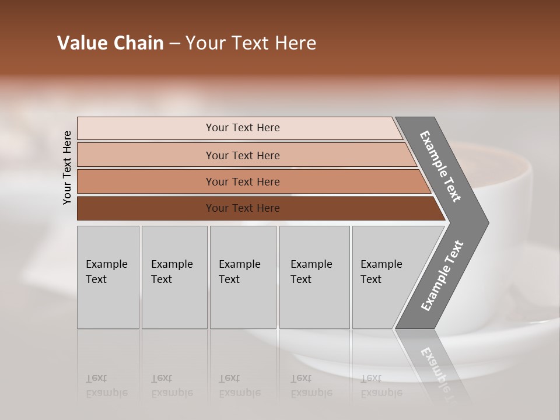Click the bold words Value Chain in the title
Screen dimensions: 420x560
pyautogui.click(x=110, y=43)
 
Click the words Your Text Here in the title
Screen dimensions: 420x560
pyautogui.click(x=251, y=43)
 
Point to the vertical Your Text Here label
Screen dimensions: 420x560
pyautogui.click(x=67, y=167)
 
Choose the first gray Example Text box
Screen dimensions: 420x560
pyautogui.click(x=108, y=277)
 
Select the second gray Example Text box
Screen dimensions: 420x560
pyautogui.click(x=174, y=277)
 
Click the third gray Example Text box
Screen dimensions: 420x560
pyautogui.click(x=243, y=277)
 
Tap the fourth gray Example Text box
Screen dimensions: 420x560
pyautogui.click(x=314, y=277)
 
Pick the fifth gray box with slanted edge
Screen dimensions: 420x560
pyautogui.click(x=385, y=277)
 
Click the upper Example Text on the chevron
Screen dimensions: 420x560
pyautogui.click(x=441, y=166)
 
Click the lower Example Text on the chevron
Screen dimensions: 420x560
pyautogui.click(x=442, y=275)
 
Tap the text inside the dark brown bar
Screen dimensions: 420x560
pyautogui.click(x=243, y=208)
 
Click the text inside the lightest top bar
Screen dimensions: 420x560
pyautogui.click(x=243, y=128)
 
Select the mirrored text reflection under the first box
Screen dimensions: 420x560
pyautogui.click(x=106, y=386)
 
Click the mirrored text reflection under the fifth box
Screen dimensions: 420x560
pyautogui.click(x=381, y=386)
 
